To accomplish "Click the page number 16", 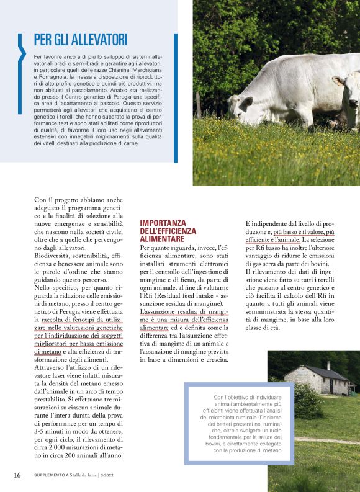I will (x=17, y=475).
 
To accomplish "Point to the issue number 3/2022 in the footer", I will (x=118, y=476).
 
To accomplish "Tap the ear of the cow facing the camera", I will (x=338, y=81).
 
